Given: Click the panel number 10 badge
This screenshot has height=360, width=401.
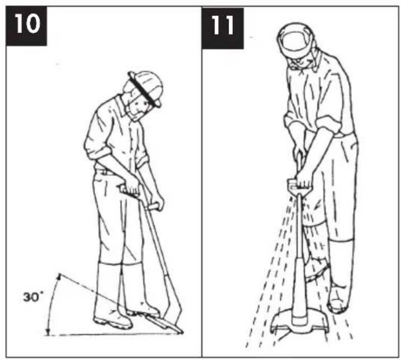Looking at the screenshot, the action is point(26,26).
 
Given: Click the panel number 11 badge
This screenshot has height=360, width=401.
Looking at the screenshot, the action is point(222,28).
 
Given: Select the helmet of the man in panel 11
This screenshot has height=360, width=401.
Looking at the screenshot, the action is point(297,40).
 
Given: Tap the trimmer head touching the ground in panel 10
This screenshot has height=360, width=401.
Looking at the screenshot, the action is point(165,324).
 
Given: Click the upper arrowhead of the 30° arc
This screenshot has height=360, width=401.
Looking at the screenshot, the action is point(59,276).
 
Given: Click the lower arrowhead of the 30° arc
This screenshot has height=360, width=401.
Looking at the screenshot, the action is point(48,332).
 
